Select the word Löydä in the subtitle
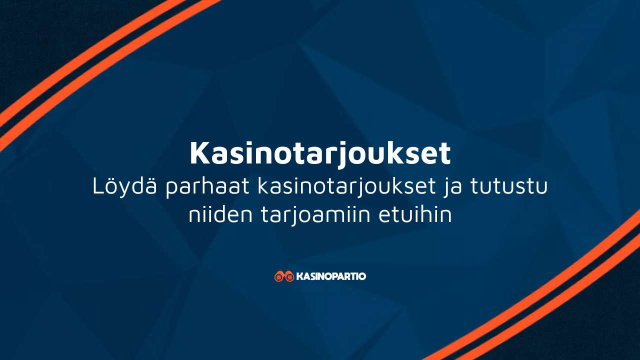click(x=124, y=186)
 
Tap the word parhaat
click(x=207, y=187)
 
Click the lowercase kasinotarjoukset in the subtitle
click(x=346, y=187)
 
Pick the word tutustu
click(x=509, y=187)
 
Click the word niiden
click(x=220, y=214)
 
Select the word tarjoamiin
click(x=315, y=215)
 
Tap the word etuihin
click(x=415, y=214)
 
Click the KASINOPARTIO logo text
click(x=331, y=276)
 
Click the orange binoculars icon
click(x=284, y=276)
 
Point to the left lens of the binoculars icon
click(x=279, y=277)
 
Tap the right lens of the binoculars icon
click(x=289, y=277)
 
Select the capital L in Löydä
click(x=98, y=186)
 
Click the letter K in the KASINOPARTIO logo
click(x=299, y=276)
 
